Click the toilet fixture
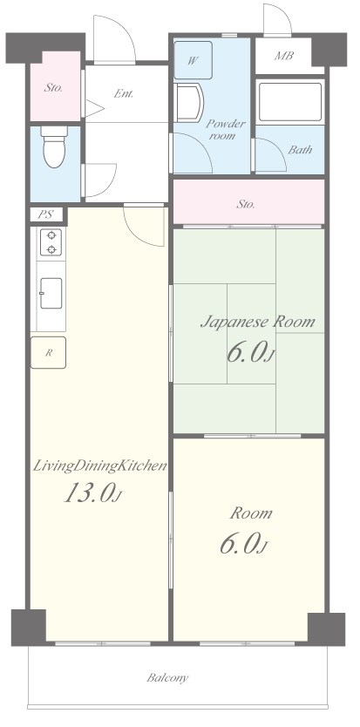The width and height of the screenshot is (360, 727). point(54,146)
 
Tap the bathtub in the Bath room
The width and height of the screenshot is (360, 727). point(290,102)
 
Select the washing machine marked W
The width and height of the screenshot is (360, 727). point(194,60)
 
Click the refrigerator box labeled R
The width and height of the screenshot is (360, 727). point(48,352)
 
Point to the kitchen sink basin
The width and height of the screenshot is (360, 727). point(51,293)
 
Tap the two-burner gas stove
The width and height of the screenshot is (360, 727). point(51,241)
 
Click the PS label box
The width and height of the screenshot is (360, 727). point(46,214)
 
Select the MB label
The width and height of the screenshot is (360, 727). point(284,56)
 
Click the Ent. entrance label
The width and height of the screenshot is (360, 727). point(124,93)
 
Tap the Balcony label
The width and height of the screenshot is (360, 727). point(167,678)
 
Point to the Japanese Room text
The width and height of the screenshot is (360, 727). point(257,322)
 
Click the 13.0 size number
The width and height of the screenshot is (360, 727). point(89,493)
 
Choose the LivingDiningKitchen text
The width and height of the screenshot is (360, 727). point(99,465)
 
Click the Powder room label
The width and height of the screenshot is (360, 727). point(225,130)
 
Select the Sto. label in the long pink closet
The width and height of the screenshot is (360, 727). point(246,204)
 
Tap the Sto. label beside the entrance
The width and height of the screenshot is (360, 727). point(54,87)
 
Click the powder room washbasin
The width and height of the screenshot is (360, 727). point(190,103)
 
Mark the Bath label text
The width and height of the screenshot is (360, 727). point(300,150)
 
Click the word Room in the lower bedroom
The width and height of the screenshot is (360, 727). point(251,513)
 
